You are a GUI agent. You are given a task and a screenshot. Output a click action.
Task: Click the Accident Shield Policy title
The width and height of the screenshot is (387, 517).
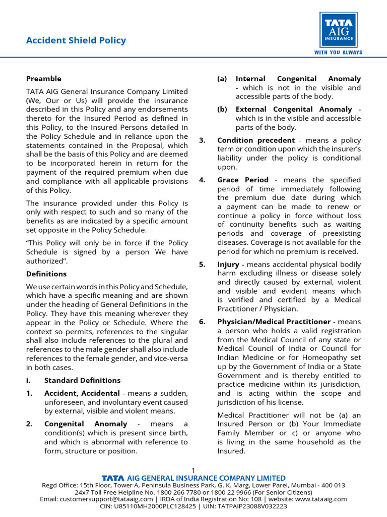[x=76, y=40]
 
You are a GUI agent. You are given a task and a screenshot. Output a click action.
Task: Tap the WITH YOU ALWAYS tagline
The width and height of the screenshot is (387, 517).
[x=338, y=53]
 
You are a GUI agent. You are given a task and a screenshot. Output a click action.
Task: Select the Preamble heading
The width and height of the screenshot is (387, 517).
[x=44, y=79]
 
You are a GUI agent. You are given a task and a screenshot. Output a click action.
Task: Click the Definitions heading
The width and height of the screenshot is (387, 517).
[x=46, y=274]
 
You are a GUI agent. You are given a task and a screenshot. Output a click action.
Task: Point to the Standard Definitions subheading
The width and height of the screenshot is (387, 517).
[x=83, y=380]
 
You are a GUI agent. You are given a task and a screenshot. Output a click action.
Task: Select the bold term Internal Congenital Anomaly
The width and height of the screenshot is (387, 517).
[x=298, y=79]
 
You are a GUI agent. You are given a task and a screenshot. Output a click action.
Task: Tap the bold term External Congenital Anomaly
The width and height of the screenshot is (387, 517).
[x=294, y=110]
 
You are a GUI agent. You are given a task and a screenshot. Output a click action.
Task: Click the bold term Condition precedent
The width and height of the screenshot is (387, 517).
[x=256, y=140]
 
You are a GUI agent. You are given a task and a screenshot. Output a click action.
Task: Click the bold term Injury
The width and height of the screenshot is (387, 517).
[x=228, y=265]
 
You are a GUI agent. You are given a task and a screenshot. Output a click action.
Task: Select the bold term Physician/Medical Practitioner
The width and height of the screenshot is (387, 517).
[x=274, y=322]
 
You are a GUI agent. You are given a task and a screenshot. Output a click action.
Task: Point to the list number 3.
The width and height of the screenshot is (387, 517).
[x=202, y=140]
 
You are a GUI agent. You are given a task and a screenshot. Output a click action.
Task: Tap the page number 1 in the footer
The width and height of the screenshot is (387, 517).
[x=193, y=470]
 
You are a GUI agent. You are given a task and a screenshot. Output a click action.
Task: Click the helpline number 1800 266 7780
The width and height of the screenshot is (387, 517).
[x=176, y=492]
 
